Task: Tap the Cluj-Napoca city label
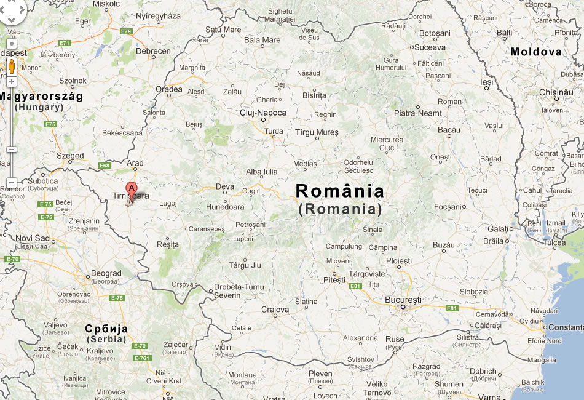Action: (x=263, y=113)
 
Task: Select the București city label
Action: (x=403, y=300)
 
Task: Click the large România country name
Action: (x=340, y=191)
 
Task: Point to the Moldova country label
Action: (x=536, y=52)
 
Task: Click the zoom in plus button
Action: (x=12, y=81)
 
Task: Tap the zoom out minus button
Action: (x=12, y=183)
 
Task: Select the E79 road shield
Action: (x=126, y=31)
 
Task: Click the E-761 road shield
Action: (x=141, y=358)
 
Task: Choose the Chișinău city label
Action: (x=556, y=92)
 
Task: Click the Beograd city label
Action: (x=106, y=273)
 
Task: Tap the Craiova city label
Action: (x=275, y=310)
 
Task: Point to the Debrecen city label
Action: (x=153, y=52)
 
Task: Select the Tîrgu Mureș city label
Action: (x=317, y=132)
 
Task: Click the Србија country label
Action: (x=107, y=329)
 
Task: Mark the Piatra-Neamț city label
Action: (x=418, y=113)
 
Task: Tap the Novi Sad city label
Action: (x=33, y=238)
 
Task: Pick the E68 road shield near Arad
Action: (x=105, y=165)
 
